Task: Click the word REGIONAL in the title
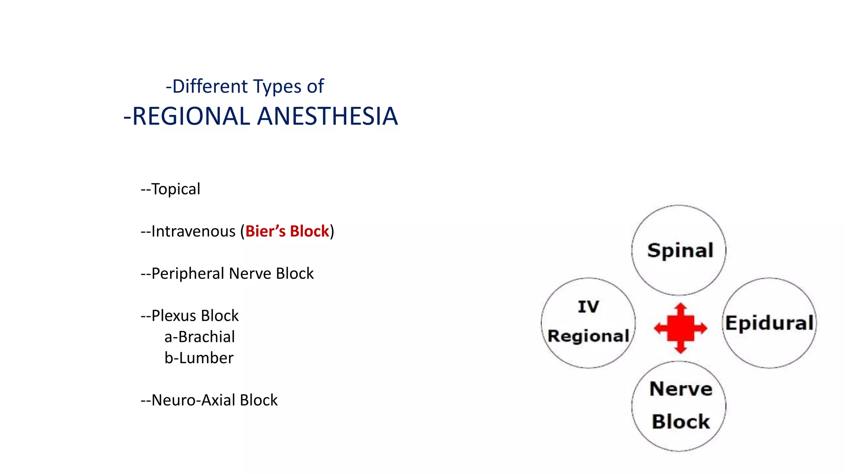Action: pos(191,116)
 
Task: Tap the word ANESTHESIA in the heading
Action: pos(328,116)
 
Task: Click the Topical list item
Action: pos(171,189)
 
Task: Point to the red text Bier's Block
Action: pos(287,231)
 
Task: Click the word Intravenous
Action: pos(193,231)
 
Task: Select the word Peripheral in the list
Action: pos(188,274)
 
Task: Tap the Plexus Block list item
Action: pos(190,316)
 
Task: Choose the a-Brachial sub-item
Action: pos(200,337)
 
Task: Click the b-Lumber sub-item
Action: pos(199,358)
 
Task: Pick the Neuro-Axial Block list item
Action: pos(210,400)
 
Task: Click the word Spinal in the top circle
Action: pos(680,250)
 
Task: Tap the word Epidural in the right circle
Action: pos(769,323)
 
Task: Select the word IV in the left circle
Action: pos(588,307)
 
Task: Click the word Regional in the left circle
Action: pos(588,336)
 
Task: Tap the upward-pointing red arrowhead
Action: pos(680,308)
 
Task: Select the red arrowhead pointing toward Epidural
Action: pos(702,328)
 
